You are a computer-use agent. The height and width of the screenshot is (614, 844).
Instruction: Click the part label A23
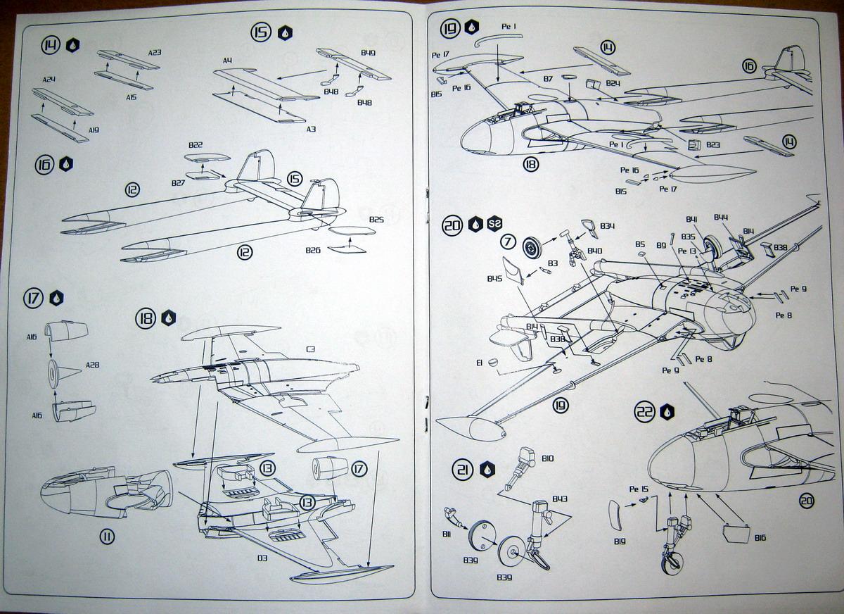click(x=155, y=51)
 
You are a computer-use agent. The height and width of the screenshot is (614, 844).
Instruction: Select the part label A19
click(x=94, y=130)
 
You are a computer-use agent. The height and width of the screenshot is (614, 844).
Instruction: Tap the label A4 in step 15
click(x=227, y=61)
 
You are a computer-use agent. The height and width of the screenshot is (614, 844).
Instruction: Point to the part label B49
click(x=366, y=53)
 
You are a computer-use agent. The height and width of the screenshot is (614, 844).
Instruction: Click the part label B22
click(x=195, y=145)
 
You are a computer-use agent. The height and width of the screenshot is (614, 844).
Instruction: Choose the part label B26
click(x=313, y=251)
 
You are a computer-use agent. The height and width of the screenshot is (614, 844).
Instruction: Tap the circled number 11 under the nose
click(x=106, y=537)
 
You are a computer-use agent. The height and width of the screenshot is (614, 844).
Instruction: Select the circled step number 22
click(x=645, y=412)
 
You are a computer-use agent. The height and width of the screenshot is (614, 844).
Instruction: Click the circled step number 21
click(x=463, y=470)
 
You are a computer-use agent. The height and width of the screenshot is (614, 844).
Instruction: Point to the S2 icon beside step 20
click(x=495, y=225)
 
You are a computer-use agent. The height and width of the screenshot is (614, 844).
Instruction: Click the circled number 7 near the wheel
click(x=508, y=242)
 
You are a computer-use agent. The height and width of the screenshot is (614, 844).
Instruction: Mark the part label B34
click(x=608, y=226)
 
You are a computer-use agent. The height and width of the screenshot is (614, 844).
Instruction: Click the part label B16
click(x=759, y=537)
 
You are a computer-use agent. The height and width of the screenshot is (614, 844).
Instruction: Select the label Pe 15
click(x=638, y=489)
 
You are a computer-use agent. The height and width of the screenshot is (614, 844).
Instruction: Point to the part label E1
click(x=479, y=363)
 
